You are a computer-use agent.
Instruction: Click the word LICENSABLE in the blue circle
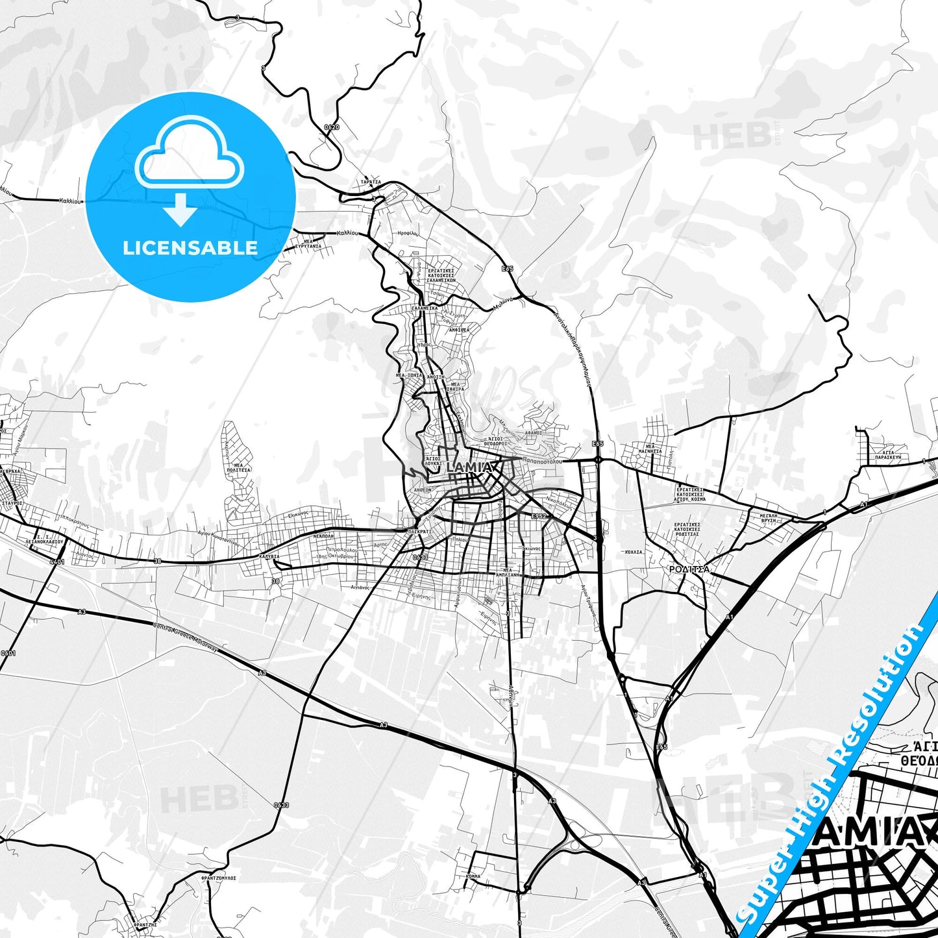(x=190, y=247)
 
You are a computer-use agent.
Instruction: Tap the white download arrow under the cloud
(x=180, y=209)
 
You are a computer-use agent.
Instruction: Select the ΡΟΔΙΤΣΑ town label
(x=689, y=569)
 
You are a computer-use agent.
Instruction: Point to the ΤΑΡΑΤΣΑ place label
(x=371, y=182)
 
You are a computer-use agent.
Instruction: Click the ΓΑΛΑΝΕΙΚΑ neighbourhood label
(x=425, y=308)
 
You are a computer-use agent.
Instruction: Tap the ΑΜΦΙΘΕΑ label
(x=459, y=330)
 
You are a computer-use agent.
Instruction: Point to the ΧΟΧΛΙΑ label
(x=634, y=552)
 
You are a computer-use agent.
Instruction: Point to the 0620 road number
(x=331, y=127)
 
